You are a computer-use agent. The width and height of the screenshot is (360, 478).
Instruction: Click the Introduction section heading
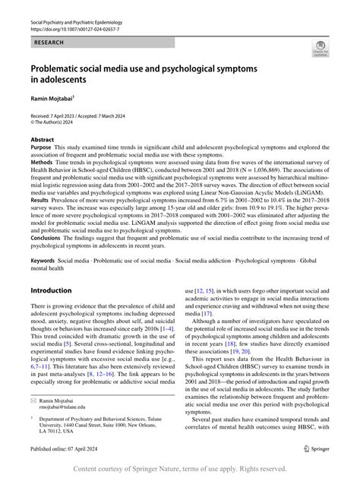coord(51,292)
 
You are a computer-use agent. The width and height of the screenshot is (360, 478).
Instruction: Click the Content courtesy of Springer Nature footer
coord(180,470)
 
